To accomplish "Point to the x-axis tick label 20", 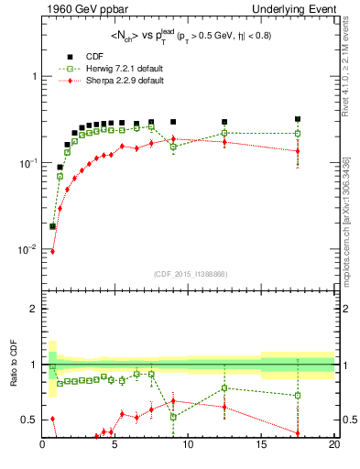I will click(333, 446).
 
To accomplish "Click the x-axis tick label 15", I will click(261, 446).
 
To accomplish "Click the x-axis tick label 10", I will click(188, 446).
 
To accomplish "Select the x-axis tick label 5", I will click(115, 446).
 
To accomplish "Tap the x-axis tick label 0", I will click(43, 446).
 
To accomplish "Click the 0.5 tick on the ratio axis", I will click(29, 420).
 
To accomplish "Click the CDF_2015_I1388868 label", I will click(189, 274).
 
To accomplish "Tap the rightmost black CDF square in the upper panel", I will click(298, 119).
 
